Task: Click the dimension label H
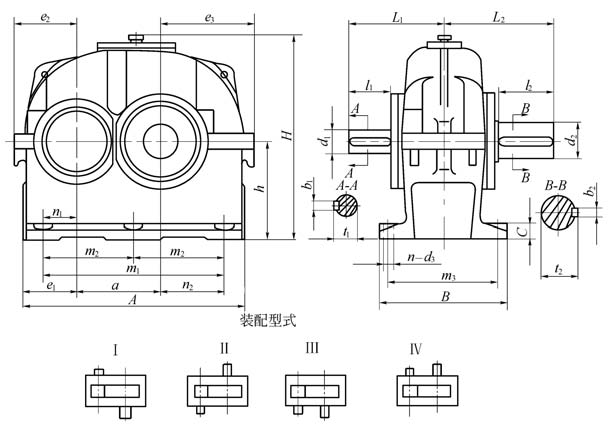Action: point(286,135)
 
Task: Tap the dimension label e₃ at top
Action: point(210,17)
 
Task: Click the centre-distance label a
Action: point(117,286)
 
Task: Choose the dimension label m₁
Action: point(132,269)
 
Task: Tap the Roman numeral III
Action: point(314,349)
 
